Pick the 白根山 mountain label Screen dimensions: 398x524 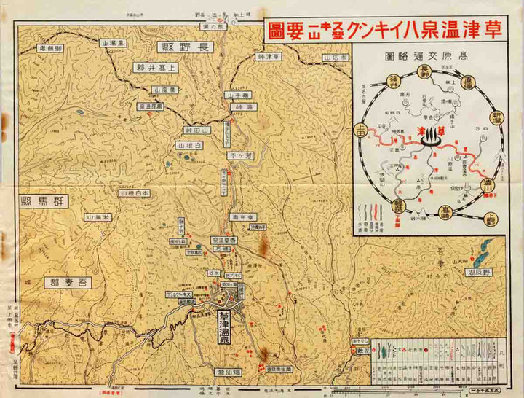pyautogui.click(x=188, y=146)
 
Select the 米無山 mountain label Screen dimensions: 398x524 pyautogui.click(x=100, y=217)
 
